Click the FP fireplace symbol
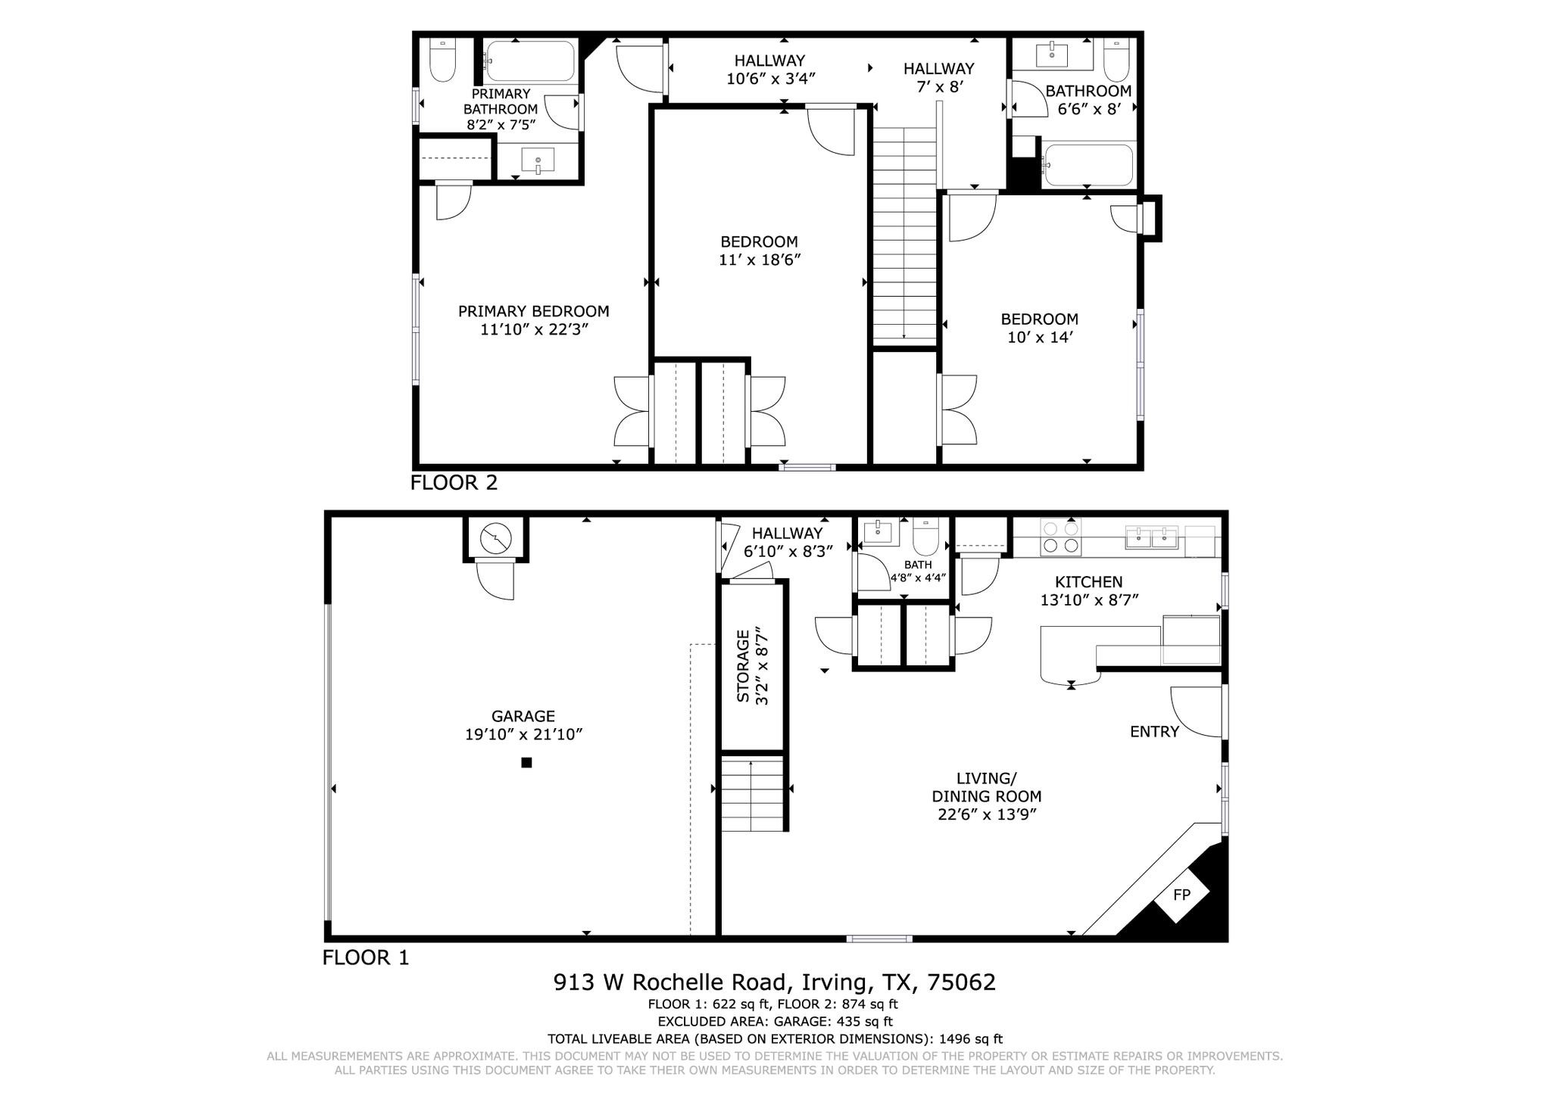pyautogui.click(x=1181, y=895)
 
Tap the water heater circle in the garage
pyautogui.click(x=496, y=539)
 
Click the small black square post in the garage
pyautogui.click(x=526, y=763)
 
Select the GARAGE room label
pyautogui.click(x=523, y=716)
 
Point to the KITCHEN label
pyautogui.click(x=1089, y=582)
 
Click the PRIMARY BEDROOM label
pyautogui.click(x=534, y=311)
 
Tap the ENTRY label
pyautogui.click(x=1155, y=731)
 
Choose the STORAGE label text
pyautogui.click(x=743, y=666)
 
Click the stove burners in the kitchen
pyautogui.click(x=1060, y=537)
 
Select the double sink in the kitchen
pyautogui.click(x=1152, y=538)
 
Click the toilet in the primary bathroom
pyautogui.click(x=442, y=60)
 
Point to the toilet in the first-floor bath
pyautogui.click(x=925, y=537)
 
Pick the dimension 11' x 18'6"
pyautogui.click(x=760, y=260)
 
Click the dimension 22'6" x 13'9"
pyautogui.click(x=986, y=814)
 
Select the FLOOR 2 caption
pyautogui.click(x=454, y=483)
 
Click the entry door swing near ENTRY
pyautogui.click(x=1197, y=711)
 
